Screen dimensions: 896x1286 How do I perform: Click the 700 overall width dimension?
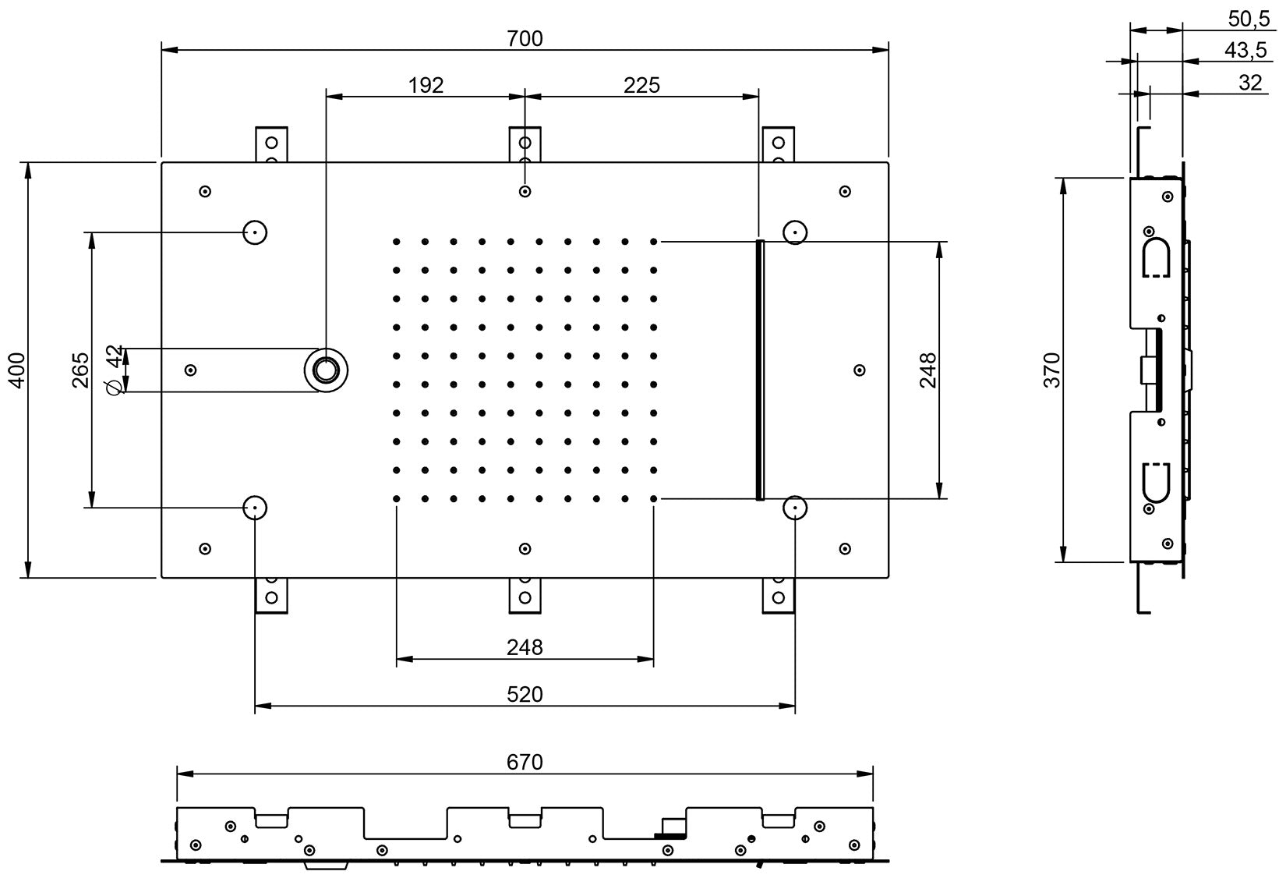[525, 38]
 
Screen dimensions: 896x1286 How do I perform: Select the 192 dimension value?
[426, 85]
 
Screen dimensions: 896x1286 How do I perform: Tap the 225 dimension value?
[641, 85]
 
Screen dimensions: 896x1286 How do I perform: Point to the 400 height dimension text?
[18, 370]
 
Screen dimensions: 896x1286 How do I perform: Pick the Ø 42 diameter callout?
[114, 370]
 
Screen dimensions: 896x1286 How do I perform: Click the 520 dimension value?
[525, 694]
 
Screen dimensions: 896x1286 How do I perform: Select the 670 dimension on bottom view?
[525, 762]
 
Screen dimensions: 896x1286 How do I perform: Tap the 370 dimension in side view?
[1052, 370]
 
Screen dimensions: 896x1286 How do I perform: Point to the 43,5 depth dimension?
[1245, 51]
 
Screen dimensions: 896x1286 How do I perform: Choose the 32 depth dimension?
[1249, 83]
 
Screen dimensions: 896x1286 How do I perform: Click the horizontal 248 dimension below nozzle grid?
[525, 647]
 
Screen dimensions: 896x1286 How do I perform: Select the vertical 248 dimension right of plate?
[927, 370]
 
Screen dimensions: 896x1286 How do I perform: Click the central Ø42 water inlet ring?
[327, 370]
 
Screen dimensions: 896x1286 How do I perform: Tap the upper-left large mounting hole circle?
[255, 232]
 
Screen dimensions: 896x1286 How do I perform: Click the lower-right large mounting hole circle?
[794, 508]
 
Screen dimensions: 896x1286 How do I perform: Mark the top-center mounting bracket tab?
[525, 144]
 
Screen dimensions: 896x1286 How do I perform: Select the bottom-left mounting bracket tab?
[271, 596]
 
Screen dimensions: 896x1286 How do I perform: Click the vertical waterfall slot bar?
[760, 370]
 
